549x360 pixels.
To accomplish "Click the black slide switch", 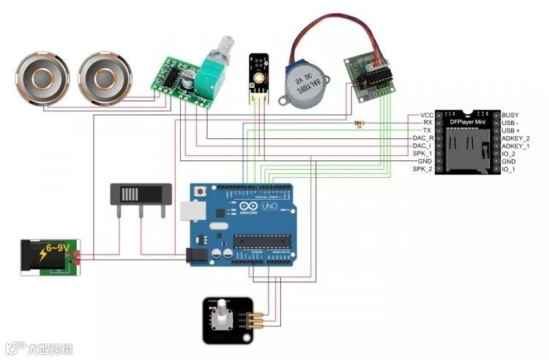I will [x=140, y=194].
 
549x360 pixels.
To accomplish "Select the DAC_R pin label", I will [x=423, y=138].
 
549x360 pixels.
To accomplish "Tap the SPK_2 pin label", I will [x=423, y=169].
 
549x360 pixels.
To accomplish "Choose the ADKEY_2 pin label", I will [x=516, y=138].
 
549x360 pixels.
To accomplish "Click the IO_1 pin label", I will [x=508, y=169].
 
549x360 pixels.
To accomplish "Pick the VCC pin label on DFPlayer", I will [x=427, y=116].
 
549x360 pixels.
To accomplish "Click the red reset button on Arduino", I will [x=200, y=191].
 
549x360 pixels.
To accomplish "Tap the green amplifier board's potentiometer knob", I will [x=219, y=49].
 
